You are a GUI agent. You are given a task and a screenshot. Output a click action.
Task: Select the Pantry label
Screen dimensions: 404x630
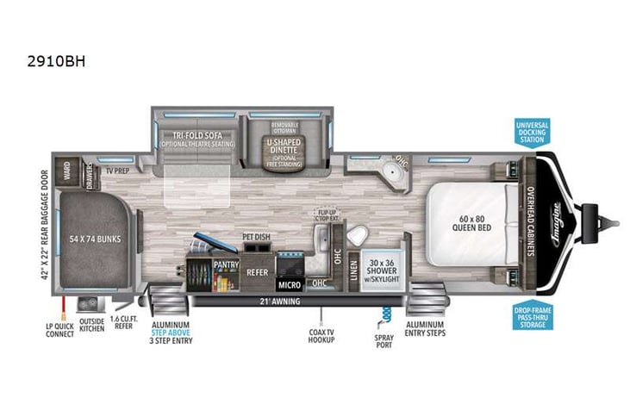pyautogui.click(x=227, y=266)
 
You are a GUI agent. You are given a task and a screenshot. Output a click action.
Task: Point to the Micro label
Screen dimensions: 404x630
pyautogui.click(x=289, y=283)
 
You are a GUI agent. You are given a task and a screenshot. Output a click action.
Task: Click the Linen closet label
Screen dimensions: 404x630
pyautogui.click(x=353, y=270)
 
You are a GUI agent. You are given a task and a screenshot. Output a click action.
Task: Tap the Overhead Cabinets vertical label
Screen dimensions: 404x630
pyautogui.click(x=531, y=219)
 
